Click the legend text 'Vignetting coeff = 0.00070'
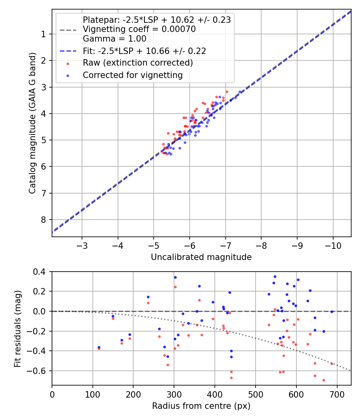coord(139,29)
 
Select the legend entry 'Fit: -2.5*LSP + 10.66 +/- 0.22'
coord(144,51)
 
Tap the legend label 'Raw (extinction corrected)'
coord(138,63)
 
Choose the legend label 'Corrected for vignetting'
coord(132,75)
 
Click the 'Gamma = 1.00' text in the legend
coord(114,39)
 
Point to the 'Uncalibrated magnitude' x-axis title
coord(201,257)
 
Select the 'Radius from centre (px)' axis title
coord(201,406)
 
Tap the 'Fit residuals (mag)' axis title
coord(17,328)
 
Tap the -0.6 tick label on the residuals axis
coord(39,371)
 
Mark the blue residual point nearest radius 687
coord(332,312)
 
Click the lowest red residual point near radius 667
coord(324,380)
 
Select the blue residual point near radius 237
coord(148,297)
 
